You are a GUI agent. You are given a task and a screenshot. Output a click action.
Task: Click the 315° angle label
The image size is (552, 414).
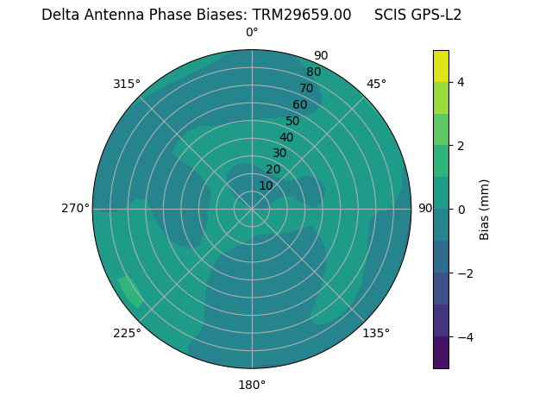point(126,84)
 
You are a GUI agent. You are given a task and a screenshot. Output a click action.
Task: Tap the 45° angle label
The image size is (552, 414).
point(376,84)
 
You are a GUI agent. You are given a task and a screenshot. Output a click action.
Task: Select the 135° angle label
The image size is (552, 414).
point(375,333)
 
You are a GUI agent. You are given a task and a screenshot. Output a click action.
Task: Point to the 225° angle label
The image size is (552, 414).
point(127,334)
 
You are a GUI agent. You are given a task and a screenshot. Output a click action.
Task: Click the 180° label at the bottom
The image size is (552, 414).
point(252,385)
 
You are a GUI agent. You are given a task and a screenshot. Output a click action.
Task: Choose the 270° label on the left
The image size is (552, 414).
point(75,208)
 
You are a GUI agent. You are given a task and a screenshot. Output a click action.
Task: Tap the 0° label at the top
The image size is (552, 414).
point(252,33)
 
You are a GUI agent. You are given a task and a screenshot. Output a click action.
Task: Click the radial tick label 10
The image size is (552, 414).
point(266,185)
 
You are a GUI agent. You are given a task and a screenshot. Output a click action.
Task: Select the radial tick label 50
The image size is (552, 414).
point(292,121)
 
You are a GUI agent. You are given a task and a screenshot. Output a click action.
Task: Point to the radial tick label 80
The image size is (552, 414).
point(313,72)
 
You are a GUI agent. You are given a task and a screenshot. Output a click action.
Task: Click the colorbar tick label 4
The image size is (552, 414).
point(461,82)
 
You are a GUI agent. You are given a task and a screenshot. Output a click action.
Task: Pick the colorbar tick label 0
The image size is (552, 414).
point(461,210)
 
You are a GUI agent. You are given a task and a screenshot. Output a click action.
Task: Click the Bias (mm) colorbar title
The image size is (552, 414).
point(485,210)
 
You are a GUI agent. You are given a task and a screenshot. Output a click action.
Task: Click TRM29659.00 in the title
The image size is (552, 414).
point(302,15)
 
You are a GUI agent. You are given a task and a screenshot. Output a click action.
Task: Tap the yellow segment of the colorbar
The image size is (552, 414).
point(441,66)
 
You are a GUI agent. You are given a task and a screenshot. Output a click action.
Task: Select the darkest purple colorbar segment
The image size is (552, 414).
point(441,353)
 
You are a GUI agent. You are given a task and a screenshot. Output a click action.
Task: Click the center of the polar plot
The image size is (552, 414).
point(252,209)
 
